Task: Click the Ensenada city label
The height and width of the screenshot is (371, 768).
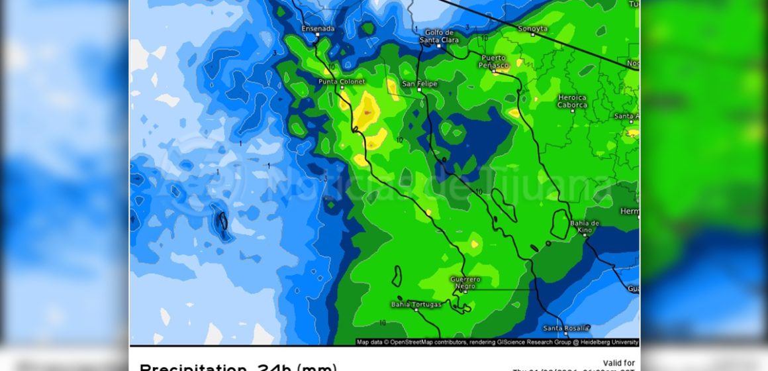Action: (318, 28)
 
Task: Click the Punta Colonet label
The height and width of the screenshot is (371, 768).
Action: (341, 81)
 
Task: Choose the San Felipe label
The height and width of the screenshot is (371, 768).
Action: (420, 83)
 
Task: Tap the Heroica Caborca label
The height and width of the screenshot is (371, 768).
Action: (572, 101)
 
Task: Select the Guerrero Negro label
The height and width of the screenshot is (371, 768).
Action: (465, 283)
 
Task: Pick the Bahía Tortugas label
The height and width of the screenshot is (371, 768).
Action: (415, 305)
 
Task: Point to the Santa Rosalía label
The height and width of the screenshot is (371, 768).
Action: (562, 328)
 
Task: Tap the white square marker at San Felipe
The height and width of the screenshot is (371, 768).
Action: (403, 84)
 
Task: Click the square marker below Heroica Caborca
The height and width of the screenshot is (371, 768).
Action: (572, 112)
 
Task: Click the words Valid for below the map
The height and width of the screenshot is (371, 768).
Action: (620, 362)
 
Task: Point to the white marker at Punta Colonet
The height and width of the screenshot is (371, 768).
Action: (342, 88)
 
